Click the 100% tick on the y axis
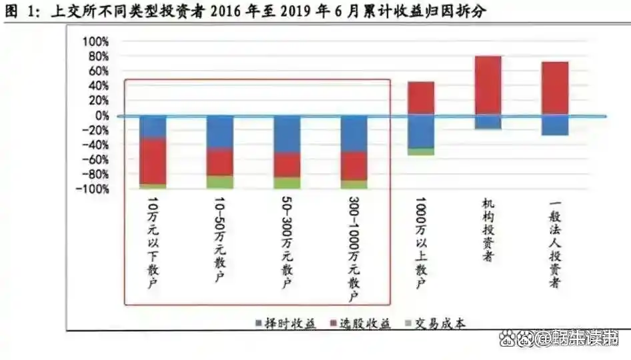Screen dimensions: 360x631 click(95, 41)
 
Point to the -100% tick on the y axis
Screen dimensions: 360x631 click(93, 189)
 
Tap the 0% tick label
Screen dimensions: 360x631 click(100, 115)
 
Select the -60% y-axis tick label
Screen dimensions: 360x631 click(95, 160)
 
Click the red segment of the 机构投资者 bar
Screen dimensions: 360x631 click(488, 85)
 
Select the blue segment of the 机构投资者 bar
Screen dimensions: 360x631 click(488, 122)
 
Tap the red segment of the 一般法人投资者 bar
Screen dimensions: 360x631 click(555, 89)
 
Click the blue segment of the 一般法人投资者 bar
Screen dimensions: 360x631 click(555, 125)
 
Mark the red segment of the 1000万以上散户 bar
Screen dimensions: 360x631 click(421, 99)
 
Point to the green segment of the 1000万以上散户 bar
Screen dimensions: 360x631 click(421, 152)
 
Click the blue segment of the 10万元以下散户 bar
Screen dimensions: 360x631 click(153, 127)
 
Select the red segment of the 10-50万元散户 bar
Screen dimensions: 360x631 click(220, 162)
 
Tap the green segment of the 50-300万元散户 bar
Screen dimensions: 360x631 click(287, 183)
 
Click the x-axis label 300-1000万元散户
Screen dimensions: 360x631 click(354, 249)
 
